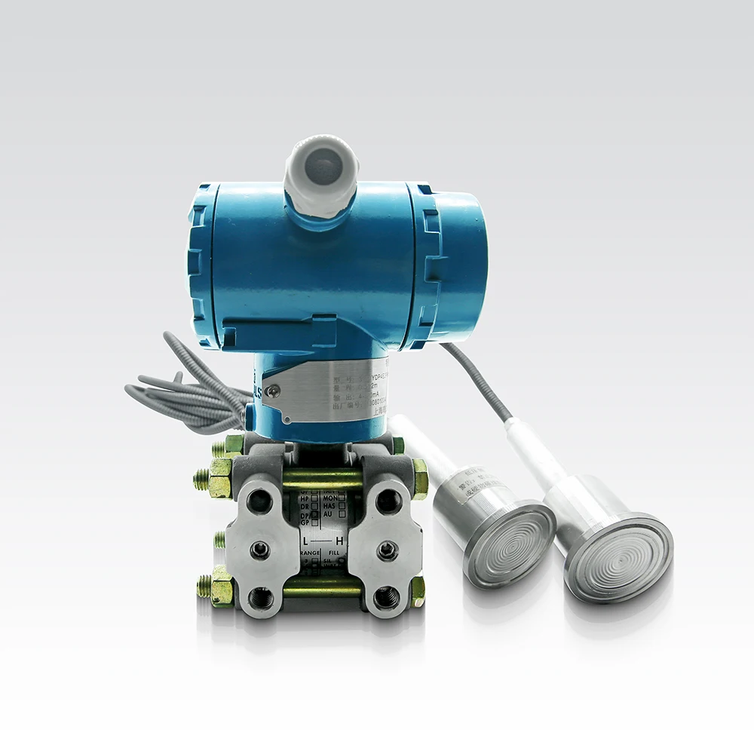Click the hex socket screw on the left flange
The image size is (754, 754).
click(x=260, y=550)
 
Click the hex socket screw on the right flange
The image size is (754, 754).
click(x=388, y=550)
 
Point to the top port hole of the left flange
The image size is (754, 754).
click(x=259, y=501)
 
